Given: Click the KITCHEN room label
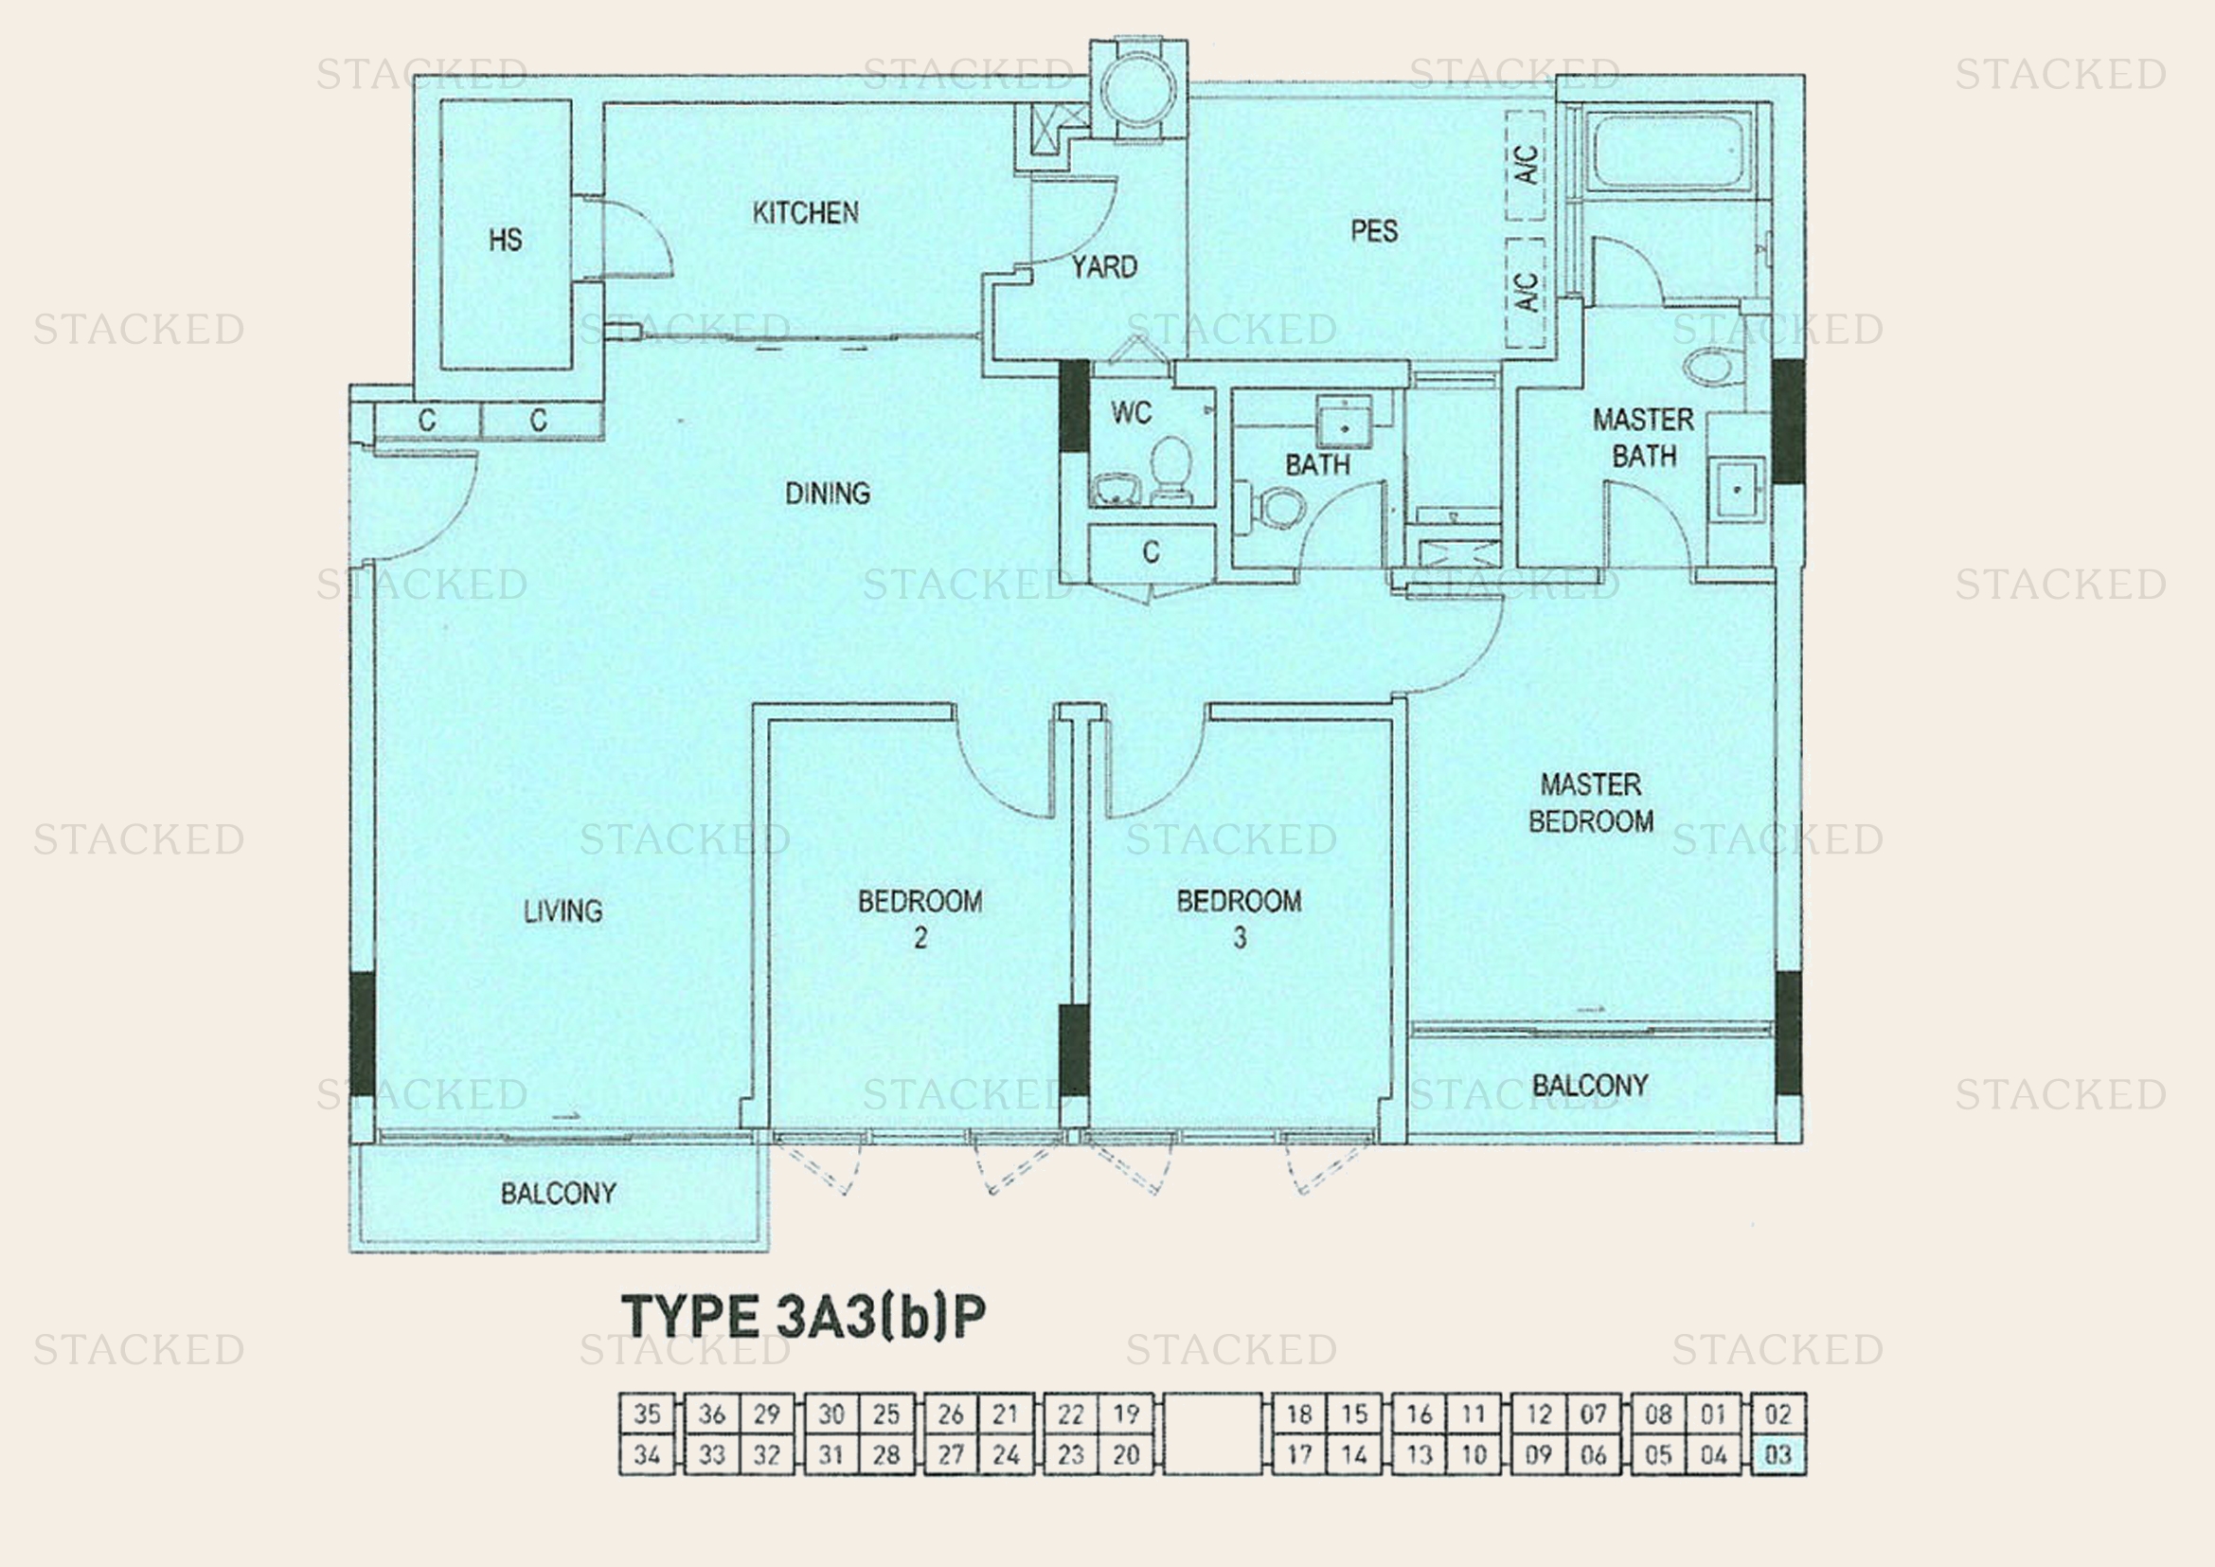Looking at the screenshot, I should click(806, 212).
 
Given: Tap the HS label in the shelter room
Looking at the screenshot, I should click(506, 240).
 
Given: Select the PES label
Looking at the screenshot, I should click(1374, 230).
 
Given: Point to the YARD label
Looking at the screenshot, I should click(1104, 267).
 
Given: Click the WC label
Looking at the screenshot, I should click(1131, 413).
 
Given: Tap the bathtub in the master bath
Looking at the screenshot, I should click(1667, 154).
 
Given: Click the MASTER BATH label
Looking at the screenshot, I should click(1643, 437).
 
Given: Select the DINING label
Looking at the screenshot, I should click(827, 494).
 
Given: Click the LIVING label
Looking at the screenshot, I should click(563, 910).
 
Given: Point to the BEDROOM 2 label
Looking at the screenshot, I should click(920, 919).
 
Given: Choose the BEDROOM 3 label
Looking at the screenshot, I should click(1239, 919).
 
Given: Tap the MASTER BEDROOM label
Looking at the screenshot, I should click(1590, 802).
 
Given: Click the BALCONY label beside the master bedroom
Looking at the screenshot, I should click(1590, 1087).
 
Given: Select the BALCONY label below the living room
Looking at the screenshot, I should click(558, 1194).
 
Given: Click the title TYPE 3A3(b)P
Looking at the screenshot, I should click(804, 1316).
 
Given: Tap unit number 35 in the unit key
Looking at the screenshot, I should click(647, 1414).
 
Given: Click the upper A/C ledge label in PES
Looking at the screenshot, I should click(1527, 164).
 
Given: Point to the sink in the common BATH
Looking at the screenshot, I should click(1343, 424).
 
